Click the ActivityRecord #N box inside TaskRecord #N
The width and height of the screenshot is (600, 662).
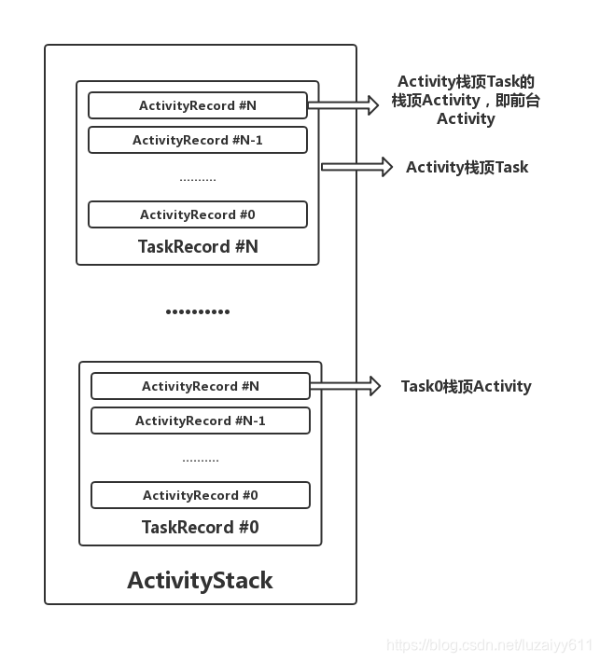[197, 105]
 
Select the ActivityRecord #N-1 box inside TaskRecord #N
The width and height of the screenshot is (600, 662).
[197, 140]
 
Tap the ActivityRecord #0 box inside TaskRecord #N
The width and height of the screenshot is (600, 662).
[197, 214]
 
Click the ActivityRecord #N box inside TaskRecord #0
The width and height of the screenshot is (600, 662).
[200, 386]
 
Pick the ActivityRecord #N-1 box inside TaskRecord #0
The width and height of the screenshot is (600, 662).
[200, 421]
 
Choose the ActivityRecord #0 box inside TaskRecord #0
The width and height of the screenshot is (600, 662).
[200, 495]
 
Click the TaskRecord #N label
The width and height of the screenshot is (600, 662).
[198, 247]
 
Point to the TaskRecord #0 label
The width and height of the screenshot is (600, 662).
[200, 528]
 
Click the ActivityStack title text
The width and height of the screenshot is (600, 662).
[200, 581]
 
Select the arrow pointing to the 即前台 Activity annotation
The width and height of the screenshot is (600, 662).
[342, 105]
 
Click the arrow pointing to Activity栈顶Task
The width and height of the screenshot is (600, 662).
[356, 167]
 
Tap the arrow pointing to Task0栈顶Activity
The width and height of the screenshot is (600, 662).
[344, 386]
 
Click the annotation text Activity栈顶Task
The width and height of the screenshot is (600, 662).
[467, 168]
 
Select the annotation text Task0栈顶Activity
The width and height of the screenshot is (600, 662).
[466, 386]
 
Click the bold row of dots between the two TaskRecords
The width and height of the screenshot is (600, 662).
[197, 311]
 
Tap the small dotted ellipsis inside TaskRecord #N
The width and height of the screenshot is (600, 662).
[197, 178]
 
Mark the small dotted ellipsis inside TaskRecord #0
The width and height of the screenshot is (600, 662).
[200, 459]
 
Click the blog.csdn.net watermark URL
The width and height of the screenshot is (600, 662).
[489, 645]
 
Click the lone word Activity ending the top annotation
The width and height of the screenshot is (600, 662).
[466, 119]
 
